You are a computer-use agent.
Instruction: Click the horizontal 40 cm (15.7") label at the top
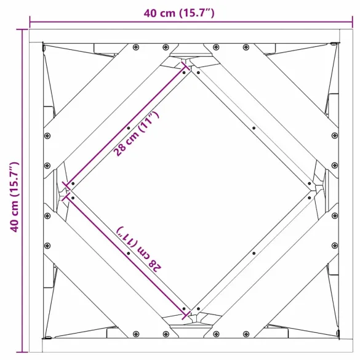pyautogui.click(x=179, y=14)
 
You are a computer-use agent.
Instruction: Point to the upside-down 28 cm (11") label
pyautogui.click(x=140, y=249)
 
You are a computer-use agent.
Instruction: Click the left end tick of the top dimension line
pyautogui.click(x=30, y=24)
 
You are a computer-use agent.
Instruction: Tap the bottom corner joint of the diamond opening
pyautogui.click(x=191, y=318)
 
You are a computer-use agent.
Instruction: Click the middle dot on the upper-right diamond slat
pyautogui.click(x=254, y=128)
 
